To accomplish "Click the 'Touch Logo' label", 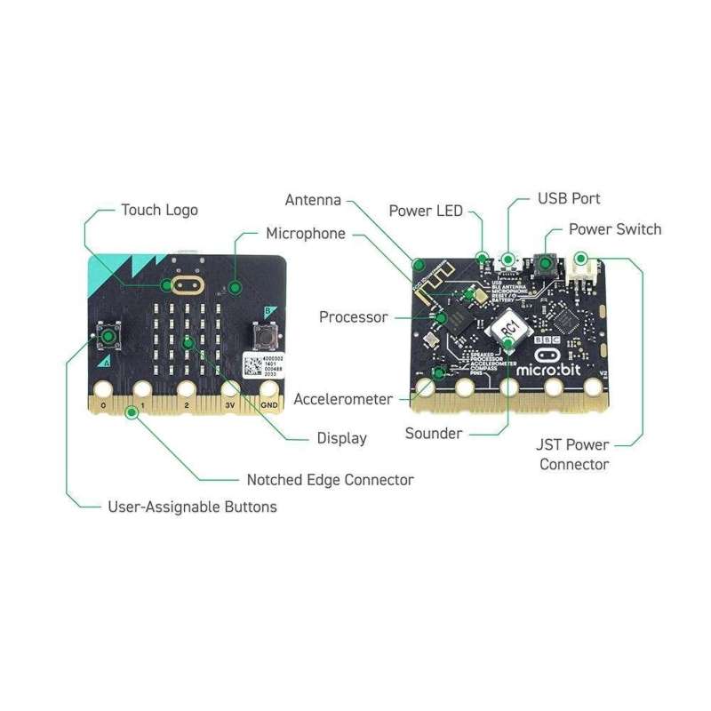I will point(159,210).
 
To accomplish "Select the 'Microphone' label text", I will point(306,234).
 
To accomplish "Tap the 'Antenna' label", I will point(313,200).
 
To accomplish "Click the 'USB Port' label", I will point(569,198).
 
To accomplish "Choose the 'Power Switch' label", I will point(615,229).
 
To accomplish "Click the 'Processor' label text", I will point(353,316).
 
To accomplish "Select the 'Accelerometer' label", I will point(343,399).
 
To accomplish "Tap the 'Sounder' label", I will point(433,434).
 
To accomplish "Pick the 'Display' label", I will point(341,437).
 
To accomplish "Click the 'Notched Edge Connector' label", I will point(330,480).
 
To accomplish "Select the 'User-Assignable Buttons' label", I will point(192,507).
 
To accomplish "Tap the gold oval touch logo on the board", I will point(187,285).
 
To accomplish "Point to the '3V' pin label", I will point(228,404).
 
